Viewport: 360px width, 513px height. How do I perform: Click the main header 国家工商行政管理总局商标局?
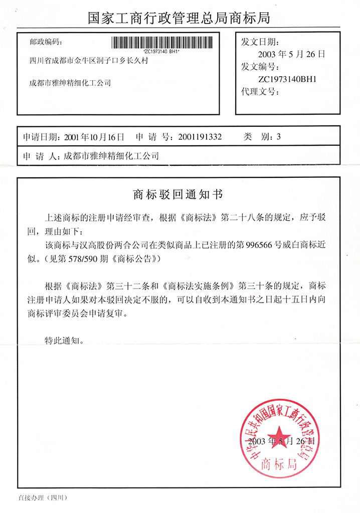pos(180,19)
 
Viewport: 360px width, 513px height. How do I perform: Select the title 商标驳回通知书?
pos(180,194)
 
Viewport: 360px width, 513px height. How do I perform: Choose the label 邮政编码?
pos(47,41)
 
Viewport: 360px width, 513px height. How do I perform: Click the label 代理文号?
pos(259,92)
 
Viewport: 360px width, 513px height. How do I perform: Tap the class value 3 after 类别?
pos(279,136)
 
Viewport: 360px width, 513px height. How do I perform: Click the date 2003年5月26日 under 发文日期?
pos(291,54)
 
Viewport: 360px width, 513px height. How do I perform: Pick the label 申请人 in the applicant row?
pos(40,156)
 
